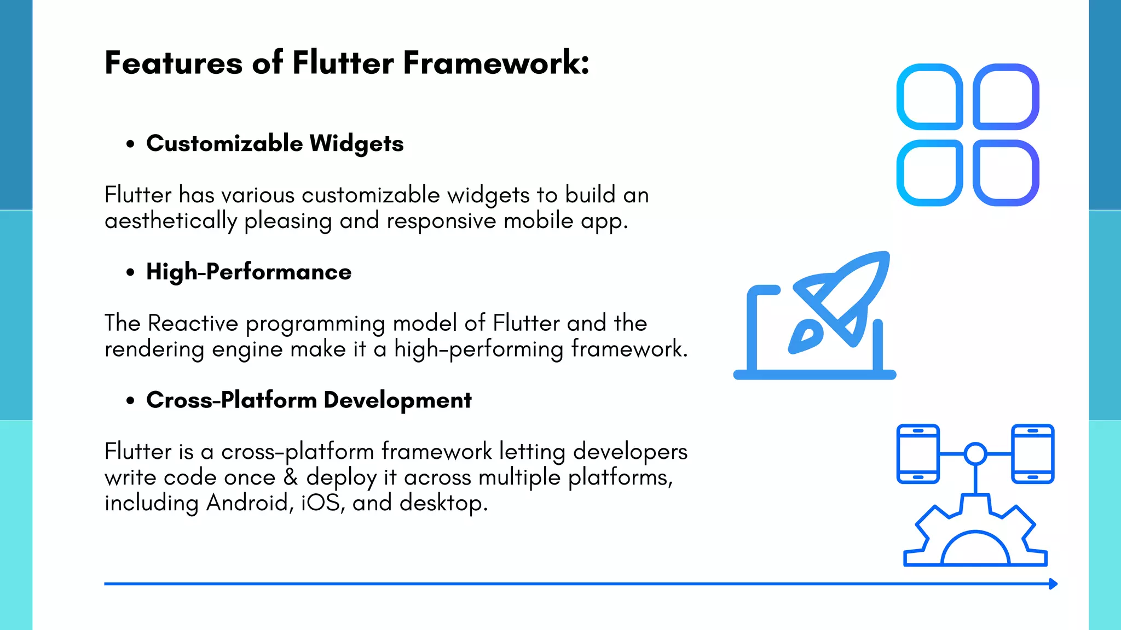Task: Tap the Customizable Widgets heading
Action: click(x=275, y=144)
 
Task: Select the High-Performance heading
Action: click(x=249, y=272)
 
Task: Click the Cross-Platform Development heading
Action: click(x=309, y=400)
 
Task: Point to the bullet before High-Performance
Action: click(x=130, y=272)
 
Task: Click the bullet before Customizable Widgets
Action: click(x=130, y=144)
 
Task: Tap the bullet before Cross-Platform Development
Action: click(x=130, y=401)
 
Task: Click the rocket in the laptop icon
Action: click(x=840, y=304)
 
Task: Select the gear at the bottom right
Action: click(x=975, y=539)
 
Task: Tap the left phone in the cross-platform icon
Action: click(x=918, y=454)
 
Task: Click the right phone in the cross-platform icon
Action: click(x=1032, y=454)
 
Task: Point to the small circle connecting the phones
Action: click(x=975, y=454)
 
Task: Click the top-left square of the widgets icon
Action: click(x=929, y=97)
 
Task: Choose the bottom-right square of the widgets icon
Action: click(x=1006, y=173)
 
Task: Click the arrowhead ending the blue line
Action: click(x=1053, y=584)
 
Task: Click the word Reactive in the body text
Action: click(x=193, y=323)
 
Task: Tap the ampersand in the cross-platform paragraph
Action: click(x=291, y=477)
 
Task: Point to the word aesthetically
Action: click(x=171, y=221)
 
